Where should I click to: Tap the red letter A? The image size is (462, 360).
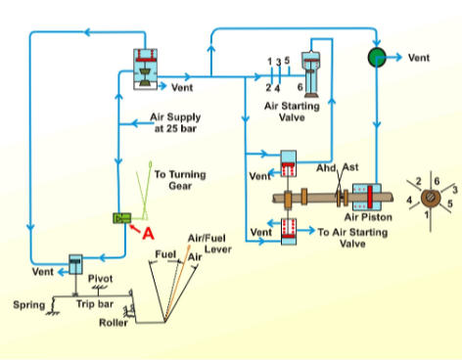tap(149, 234)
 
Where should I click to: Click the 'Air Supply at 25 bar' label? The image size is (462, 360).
tap(175, 120)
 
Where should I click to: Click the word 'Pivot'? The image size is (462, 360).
tap(102, 278)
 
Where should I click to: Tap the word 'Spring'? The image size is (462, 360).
tap(28, 305)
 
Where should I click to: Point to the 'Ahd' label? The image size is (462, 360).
tap(326, 167)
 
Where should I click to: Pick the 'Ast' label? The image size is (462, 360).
tap(350, 167)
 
